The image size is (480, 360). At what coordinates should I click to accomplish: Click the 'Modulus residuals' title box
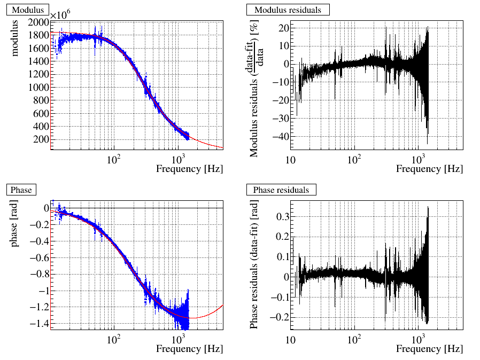pyautogui.click(x=288, y=10)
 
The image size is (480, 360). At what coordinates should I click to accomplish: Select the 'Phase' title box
pyautogui.click(x=21, y=190)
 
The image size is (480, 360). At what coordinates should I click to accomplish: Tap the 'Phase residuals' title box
pyautogui.click(x=281, y=190)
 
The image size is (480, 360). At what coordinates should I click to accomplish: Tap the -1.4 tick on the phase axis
pyautogui.click(x=38, y=324)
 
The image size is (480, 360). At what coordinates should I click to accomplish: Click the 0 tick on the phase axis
pyautogui.click(x=46, y=208)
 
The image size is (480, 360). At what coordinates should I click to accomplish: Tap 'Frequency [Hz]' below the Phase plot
pyautogui.click(x=189, y=349)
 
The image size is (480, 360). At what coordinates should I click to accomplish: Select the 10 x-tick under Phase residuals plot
pyautogui.click(x=291, y=340)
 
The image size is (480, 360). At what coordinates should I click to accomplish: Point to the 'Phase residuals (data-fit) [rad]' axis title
pyautogui.click(x=255, y=265)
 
